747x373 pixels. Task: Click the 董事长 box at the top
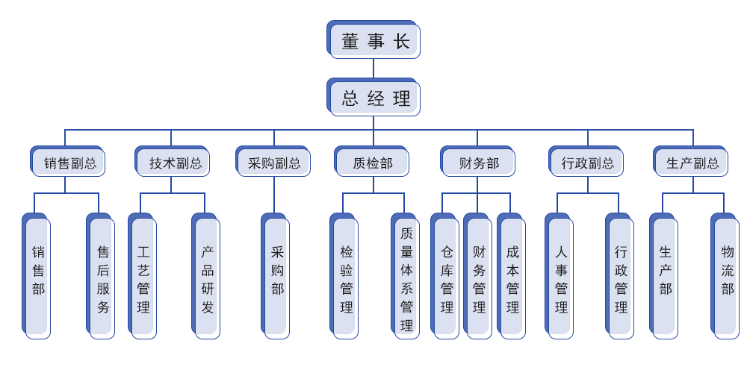[x=374, y=40]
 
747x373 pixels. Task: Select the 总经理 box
[x=374, y=98]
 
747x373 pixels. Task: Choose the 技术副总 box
[x=173, y=162]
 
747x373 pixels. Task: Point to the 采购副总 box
[x=273, y=162]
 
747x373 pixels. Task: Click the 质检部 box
[x=373, y=162]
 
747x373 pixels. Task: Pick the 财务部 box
[x=479, y=162]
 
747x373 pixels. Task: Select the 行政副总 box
[x=588, y=162]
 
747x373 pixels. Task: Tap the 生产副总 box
[x=692, y=162]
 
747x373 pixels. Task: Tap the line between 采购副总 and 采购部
[x=273, y=194]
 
